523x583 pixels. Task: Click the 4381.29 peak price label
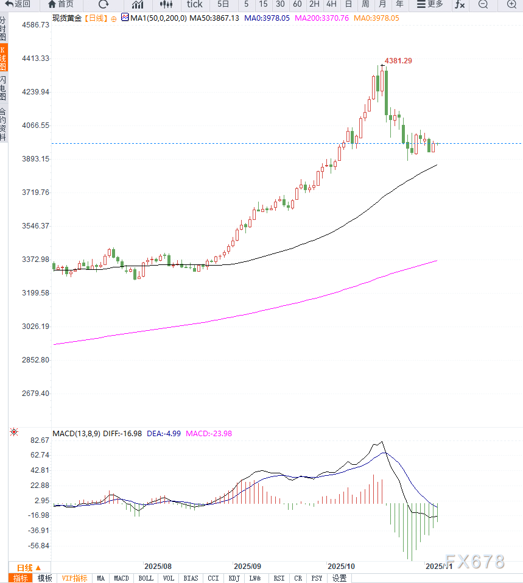(x=398, y=61)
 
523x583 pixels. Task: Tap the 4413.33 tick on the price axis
(x=36, y=58)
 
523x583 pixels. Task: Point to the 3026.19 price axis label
(x=36, y=327)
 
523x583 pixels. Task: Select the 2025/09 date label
(x=248, y=566)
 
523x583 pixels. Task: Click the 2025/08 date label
(x=158, y=566)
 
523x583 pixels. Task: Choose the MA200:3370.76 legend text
(x=321, y=18)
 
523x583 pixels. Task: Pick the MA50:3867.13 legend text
(x=214, y=18)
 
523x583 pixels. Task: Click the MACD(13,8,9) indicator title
(x=75, y=434)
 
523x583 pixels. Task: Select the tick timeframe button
(x=195, y=4)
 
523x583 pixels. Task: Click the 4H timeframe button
(x=331, y=4)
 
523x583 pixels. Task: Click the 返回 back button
(x=18, y=4)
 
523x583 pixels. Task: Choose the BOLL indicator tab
(x=146, y=578)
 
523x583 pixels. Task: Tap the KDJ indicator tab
(x=234, y=578)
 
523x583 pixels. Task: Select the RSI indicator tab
(x=279, y=578)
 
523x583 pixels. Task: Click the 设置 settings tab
(x=339, y=578)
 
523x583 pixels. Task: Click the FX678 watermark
(x=475, y=561)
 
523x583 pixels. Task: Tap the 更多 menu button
(x=430, y=4)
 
